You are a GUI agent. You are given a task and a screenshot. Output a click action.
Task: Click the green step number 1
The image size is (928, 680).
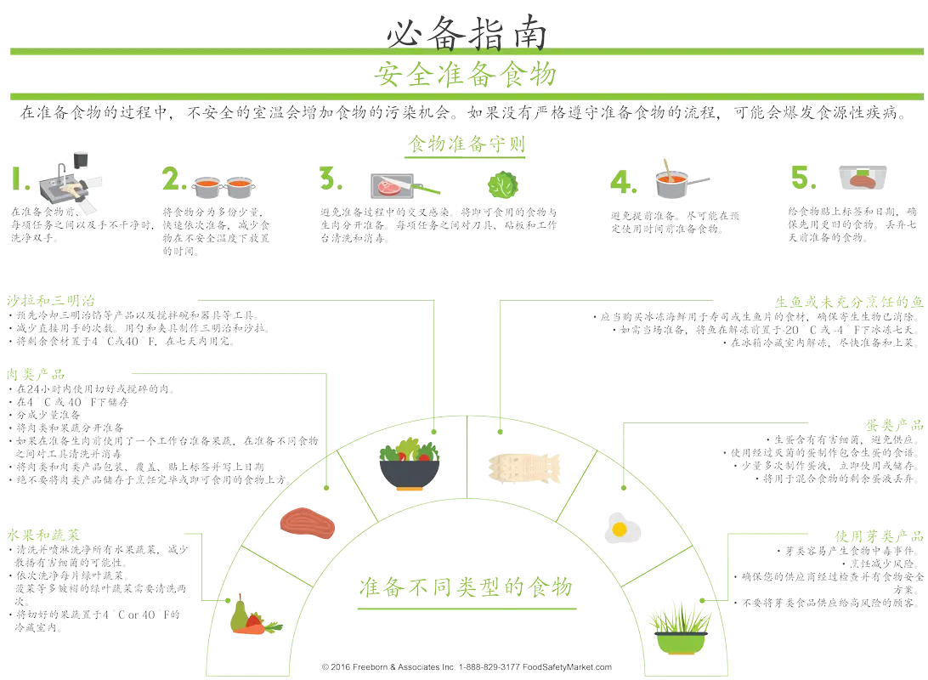[19, 178]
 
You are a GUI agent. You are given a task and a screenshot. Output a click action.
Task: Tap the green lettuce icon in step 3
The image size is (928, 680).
[501, 184]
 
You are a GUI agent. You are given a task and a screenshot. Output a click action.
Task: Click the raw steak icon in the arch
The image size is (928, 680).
[308, 523]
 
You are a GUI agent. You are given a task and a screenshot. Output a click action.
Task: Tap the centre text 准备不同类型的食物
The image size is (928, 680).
[465, 586]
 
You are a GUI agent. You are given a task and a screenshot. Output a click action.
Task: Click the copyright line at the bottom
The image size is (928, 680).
[466, 667]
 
